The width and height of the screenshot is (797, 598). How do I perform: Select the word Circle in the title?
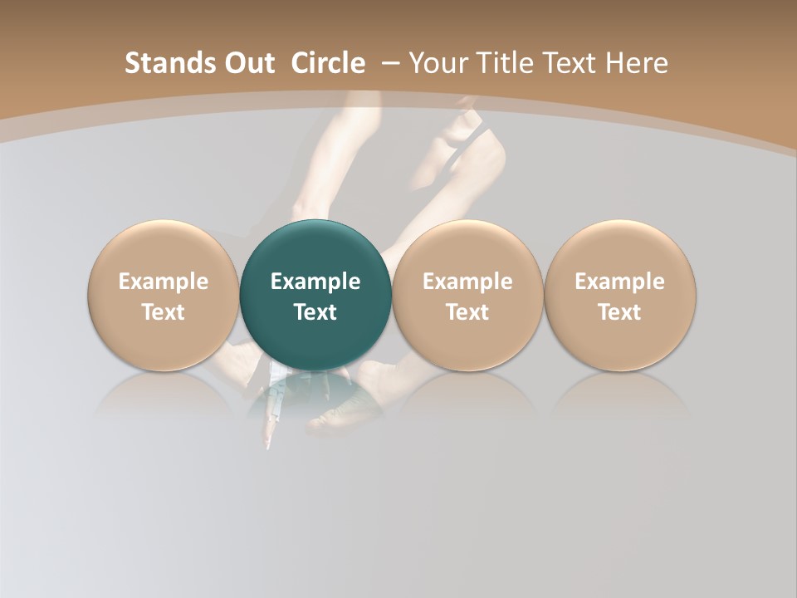point(328,63)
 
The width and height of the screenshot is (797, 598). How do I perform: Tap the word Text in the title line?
point(568,63)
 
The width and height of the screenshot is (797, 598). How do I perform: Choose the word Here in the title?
point(635,63)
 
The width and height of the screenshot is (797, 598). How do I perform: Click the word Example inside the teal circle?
point(315,282)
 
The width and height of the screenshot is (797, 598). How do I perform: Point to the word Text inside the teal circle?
point(315,312)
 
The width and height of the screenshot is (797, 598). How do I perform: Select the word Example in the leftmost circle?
point(163,282)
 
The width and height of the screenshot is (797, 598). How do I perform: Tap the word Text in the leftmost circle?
point(163,312)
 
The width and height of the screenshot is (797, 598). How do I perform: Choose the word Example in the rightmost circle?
point(620,282)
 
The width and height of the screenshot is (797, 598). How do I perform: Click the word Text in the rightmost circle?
point(620,312)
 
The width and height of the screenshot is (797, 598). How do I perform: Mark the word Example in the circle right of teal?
point(467,282)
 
